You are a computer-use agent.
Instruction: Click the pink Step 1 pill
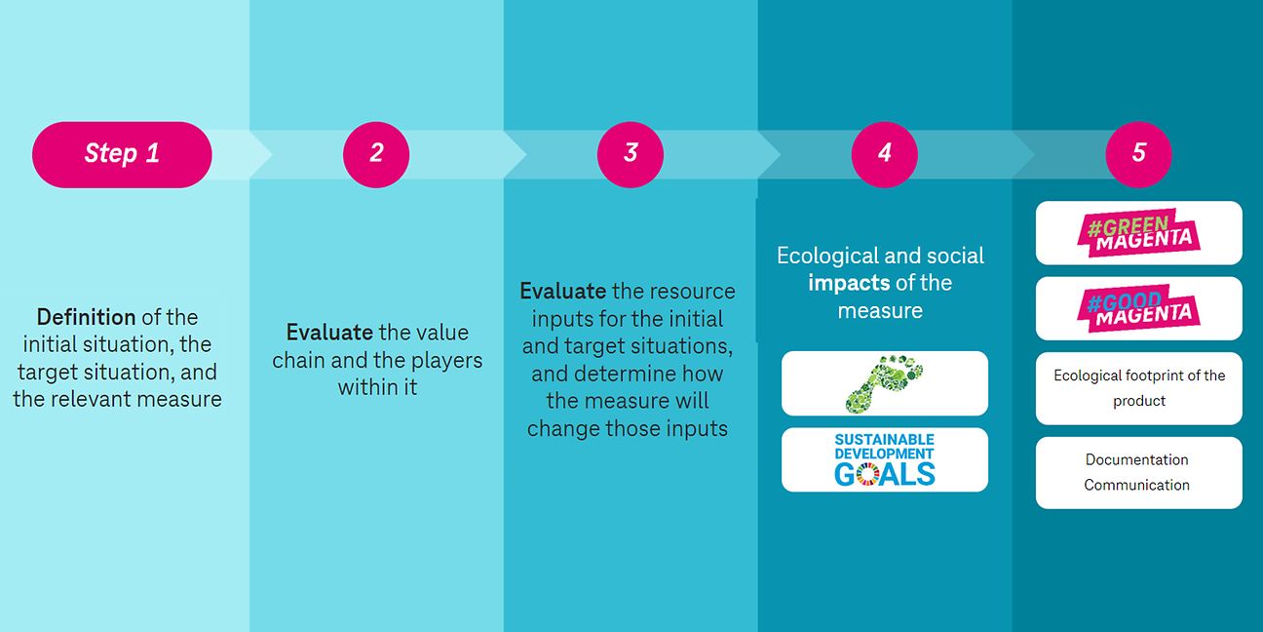tap(122, 155)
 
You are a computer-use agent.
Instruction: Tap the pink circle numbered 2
tap(376, 155)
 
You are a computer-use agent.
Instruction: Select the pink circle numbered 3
tap(631, 155)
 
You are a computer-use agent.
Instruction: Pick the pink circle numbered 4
tap(885, 155)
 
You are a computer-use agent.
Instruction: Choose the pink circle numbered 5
tap(1139, 155)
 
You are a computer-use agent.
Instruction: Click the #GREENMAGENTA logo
tap(1139, 232)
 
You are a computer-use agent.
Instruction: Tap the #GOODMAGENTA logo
tap(1139, 308)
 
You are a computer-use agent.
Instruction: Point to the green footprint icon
tap(884, 383)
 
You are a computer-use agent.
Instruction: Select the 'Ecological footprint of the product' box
tap(1139, 388)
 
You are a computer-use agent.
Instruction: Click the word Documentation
tap(1136, 459)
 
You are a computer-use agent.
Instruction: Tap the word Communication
tap(1136, 485)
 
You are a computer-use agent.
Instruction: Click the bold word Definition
tap(87, 317)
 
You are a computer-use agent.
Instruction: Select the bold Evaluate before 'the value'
tap(329, 333)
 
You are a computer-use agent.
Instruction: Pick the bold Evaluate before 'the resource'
tap(562, 292)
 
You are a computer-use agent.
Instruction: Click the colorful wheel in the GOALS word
tap(867, 474)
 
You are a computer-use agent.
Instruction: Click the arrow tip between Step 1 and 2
tap(272, 155)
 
